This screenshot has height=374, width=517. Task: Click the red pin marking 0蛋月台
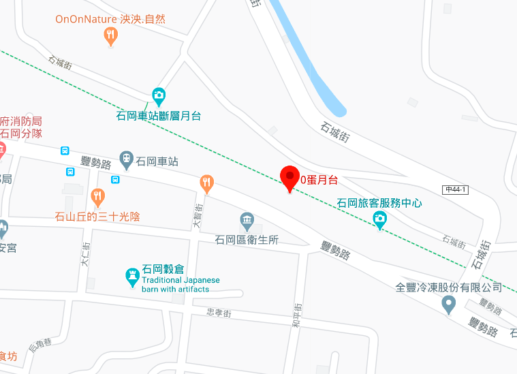click(291, 178)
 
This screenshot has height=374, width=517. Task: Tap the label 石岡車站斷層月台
click(159, 116)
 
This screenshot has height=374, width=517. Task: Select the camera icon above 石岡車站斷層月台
click(159, 95)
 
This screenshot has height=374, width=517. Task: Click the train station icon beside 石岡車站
click(126, 160)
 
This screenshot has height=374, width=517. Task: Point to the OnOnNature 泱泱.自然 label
click(111, 19)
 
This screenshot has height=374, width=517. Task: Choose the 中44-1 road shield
click(455, 189)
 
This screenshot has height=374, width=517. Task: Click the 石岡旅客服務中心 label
click(380, 203)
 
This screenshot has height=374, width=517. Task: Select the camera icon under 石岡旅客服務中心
click(380, 219)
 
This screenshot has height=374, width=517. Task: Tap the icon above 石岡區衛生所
click(247, 221)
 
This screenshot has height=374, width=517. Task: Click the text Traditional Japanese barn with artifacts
click(181, 285)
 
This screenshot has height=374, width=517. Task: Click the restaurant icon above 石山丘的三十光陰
click(97, 198)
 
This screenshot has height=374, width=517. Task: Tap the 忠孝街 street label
click(219, 313)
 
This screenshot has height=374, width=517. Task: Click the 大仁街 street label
click(85, 254)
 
